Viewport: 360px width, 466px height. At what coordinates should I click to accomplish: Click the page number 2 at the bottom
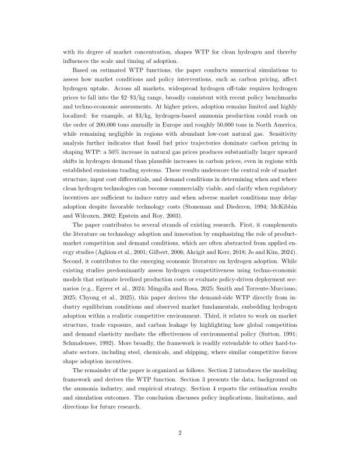(180, 433)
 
